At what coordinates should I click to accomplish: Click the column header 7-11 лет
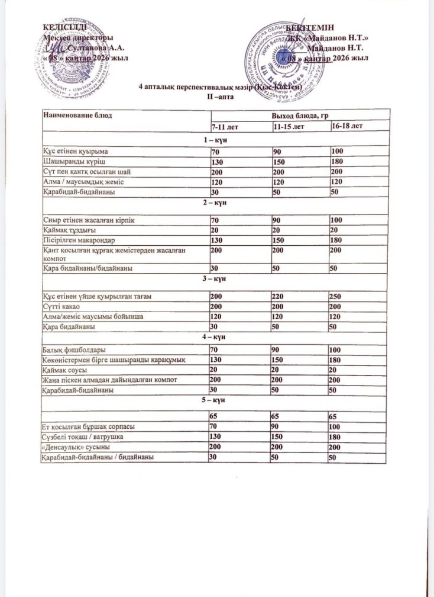click(225, 127)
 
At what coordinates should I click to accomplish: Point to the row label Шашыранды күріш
click(69, 162)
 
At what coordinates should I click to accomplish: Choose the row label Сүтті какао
click(63, 306)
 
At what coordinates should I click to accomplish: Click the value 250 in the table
click(339, 296)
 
